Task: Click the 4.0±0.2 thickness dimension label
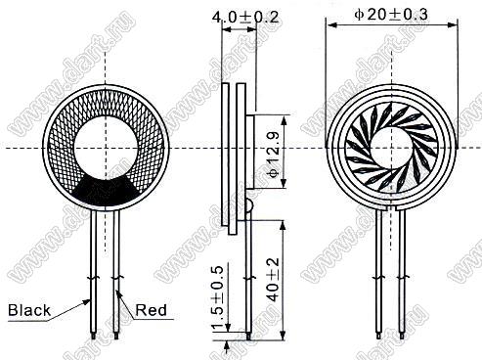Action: (245, 17)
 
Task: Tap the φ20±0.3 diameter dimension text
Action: (391, 14)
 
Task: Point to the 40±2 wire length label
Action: (274, 280)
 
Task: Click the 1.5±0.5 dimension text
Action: (218, 297)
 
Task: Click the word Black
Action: (29, 310)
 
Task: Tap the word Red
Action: (151, 310)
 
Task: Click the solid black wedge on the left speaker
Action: (106, 192)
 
